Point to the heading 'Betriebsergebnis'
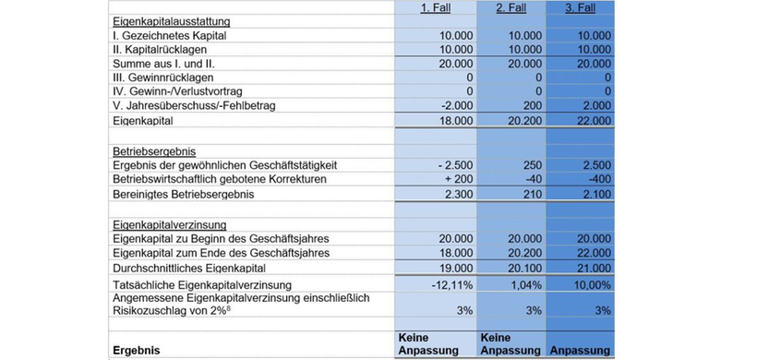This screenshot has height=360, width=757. (152, 150)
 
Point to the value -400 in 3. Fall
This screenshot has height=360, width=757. (598, 179)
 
